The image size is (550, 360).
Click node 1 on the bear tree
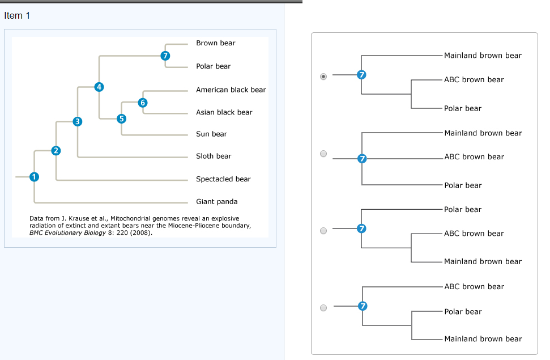click(x=34, y=177)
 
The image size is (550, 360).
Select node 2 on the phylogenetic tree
click(x=56, y=150)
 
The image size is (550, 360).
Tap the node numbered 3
click(x=78, y=121)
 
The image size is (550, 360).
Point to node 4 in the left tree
click(x=100, y=87)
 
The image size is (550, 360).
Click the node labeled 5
click(x=121, y=118)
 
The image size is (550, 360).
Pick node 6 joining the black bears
click(x=143, y=103)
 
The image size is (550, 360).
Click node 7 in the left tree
click(x=165, y=56)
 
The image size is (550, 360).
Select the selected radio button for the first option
click(x=323, y=75)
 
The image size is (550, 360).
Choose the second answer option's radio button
click(x=323, y=154)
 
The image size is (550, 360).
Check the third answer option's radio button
click(x=323, y=231)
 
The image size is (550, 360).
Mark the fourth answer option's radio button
click(x=323, y=308)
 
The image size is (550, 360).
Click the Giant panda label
click(x=216, y=201)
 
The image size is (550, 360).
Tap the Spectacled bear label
click(x=223, y=179)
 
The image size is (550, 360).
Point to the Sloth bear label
click(x=214, y=156)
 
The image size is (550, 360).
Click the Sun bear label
click(x=211, y=134)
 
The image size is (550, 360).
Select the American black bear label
click(x=231, y=90)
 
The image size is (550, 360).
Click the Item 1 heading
click(x=17, y=15)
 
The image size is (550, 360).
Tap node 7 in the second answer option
click(x=363, y=158)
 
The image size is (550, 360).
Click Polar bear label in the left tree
click(x=213, y=66)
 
